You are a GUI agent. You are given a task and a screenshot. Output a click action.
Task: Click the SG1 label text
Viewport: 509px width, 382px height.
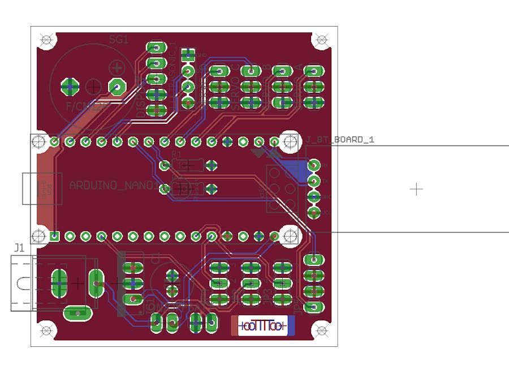(x=118, y=40)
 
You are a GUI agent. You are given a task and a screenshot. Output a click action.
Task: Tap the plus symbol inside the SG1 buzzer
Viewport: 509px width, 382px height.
(x=117, y=68)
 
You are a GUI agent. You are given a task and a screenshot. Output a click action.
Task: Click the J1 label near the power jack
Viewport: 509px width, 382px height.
(x=19, y=248)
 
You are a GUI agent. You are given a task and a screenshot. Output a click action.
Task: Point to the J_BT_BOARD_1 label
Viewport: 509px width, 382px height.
(x=342, y=139)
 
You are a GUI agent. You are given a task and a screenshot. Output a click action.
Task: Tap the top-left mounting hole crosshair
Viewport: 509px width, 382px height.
(x=46, y=40)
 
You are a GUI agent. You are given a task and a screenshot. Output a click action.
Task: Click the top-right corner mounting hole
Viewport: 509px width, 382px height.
(x=321, y=40)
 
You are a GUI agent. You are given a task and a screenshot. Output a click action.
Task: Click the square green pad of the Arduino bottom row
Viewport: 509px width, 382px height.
(x=54, y=235)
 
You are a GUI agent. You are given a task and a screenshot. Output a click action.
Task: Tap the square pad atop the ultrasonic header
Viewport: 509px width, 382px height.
(x=188, y=55)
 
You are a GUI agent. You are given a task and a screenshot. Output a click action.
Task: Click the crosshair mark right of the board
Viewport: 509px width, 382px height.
(x=416, y=188)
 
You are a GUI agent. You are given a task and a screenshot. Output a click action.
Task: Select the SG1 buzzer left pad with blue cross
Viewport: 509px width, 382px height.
(x=71, y=87)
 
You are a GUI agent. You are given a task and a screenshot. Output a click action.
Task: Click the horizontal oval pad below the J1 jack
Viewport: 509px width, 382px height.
(x=76, y=312)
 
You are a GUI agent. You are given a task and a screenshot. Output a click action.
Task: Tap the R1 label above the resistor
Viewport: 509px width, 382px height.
(x=176, y=154)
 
